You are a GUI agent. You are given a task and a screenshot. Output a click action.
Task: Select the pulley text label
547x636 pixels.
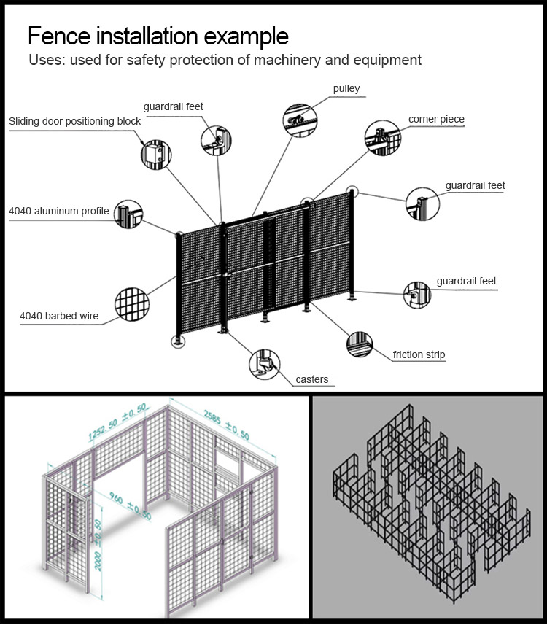pyautogui.click(x=346, y=89)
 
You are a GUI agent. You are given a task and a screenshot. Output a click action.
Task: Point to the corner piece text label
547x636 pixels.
pyautogui.click(x=435, y=119)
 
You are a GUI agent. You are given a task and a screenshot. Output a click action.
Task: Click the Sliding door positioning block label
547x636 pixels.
pyautogui.click(x=75, y=121)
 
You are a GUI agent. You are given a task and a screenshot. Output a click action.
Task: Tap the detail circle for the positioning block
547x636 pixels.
pyautogui.click(x=155, y=153)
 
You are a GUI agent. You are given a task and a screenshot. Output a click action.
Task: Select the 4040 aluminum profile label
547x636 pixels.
pyautogui.click(x=58, y=212)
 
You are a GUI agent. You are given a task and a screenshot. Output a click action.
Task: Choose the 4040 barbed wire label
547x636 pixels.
pyautogui.click(x=58, y=316)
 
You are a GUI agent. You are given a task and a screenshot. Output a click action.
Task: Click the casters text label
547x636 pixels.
pyautogui.click(x=312, y=379)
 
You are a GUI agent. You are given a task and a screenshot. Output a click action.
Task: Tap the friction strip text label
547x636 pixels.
pyautogui.click(x=419, y=354)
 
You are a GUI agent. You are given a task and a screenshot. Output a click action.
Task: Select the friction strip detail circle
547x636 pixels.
pyautogui.click(x=359, y=344)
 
